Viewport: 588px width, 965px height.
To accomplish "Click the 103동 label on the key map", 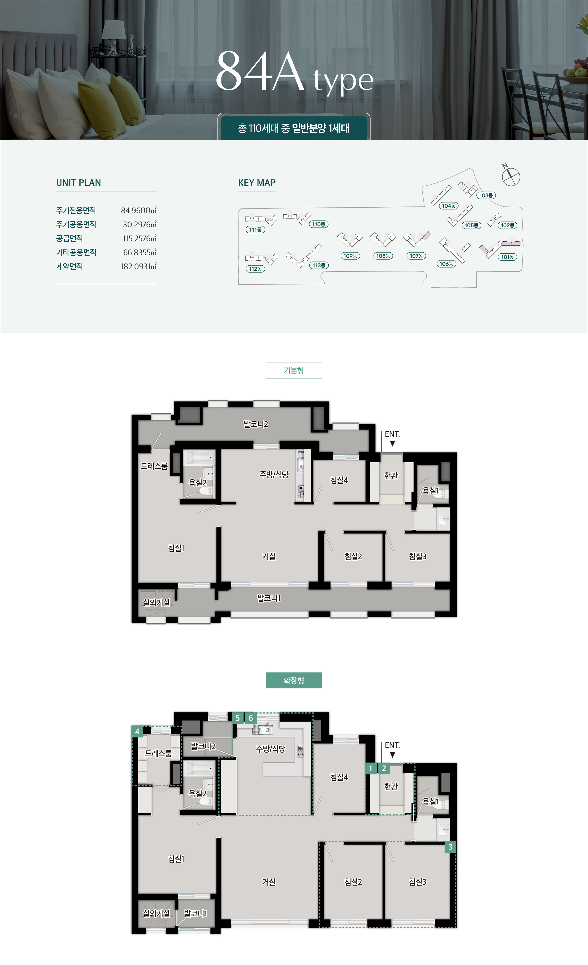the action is pyautogui.click(x=486, y=195).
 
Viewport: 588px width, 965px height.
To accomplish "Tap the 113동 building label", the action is pyautogui.click(x=319, y=265).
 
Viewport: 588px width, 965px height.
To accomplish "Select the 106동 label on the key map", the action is pyautogui.click(x=446, y=264).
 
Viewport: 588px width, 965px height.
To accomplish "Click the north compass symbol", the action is pyautogui.click(x=511, y=176).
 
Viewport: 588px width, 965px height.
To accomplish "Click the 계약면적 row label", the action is pyautogui.click(x=69, y=266).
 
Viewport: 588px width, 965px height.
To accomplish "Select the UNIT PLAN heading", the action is pyautogui.click(x=78, y=183).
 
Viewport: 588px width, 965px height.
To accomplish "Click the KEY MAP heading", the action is pyautogui.click(x=257, y=183).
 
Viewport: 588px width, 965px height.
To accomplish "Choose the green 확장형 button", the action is pyautogui.click(x=294, y=680).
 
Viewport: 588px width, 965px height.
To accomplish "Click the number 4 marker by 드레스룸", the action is pyautogui.click(x=137, y=731).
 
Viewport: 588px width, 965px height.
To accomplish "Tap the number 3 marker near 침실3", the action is pyautogui.click(x=450, y=847).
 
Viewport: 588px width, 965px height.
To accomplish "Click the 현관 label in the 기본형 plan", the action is pyautogui.click(x=391, y=475).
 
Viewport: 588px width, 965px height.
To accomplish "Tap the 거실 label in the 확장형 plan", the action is pyautogui.click(x=269, y=882).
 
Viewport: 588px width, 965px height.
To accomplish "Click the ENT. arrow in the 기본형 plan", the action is pyautogui.click(x=392, y=443).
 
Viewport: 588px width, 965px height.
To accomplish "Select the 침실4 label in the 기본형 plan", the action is pyautogui.click(x=339, y=480).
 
